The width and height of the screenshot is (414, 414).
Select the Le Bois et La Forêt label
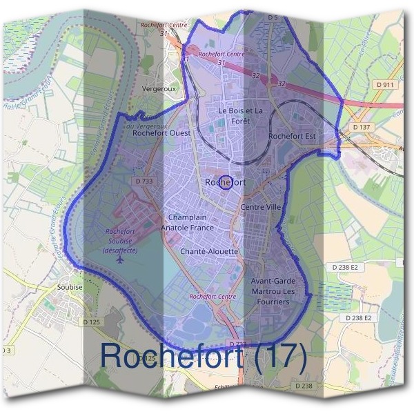tap(241, 115)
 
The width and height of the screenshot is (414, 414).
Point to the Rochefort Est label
tap(292, 136)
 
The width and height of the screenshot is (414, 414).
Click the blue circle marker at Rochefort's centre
tap(224, 182)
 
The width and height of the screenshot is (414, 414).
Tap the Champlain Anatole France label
tap(187, 221)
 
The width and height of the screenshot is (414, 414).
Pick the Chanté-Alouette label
tap(209, 252)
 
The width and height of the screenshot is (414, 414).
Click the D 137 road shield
tap(361, 127)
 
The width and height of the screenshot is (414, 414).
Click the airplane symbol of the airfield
tap(122, 261)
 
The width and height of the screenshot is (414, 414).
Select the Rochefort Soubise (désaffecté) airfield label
tap(121, 241)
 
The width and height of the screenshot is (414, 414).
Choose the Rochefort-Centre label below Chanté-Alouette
tap(213, 297)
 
